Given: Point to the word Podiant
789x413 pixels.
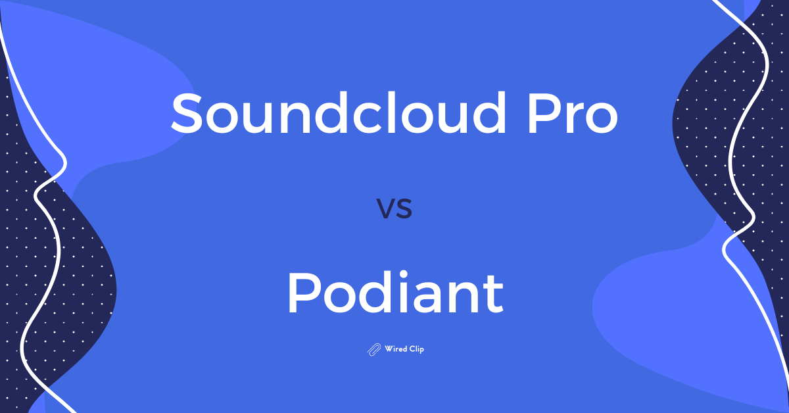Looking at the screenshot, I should click(394, 293).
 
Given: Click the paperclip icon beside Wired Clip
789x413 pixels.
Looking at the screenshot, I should click(374, 349).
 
